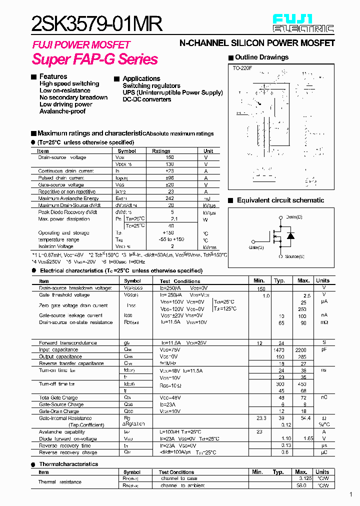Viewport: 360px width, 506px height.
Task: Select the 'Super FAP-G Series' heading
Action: [x=95, y=59]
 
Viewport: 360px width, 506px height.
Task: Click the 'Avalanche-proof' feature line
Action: [x=62, y=111]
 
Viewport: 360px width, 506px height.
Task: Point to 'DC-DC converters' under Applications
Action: [x=147, y=99]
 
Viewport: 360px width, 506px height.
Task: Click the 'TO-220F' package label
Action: [x=242, y=67]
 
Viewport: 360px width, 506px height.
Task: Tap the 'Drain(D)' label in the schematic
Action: [x=294, y=217]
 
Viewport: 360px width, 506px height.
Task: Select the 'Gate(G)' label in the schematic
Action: [x=256, y=247]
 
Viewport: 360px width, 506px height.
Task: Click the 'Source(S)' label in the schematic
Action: [x=294, y=256]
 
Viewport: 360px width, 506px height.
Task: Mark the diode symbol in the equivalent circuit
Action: [x=290, y=235]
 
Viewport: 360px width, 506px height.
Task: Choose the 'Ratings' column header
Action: [x=161, y=151]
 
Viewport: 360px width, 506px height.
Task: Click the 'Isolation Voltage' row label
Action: [x=56, y=246]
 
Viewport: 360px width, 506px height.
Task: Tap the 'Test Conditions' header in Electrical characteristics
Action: [x=180, y=281]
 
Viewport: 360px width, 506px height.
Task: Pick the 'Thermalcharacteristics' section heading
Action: [x=68, y=464]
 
